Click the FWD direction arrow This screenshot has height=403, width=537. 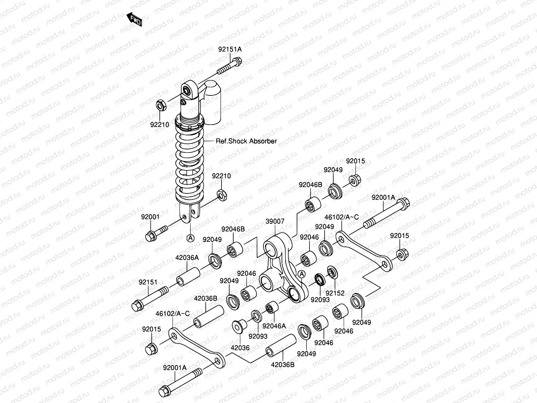[x=134, y=19]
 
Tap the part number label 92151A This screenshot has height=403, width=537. [x=230, y=49]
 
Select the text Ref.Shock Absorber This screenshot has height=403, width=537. [x=246, y=141]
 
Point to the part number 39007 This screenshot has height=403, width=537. [x=275, y=221]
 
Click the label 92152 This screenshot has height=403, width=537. [x=335, y=293]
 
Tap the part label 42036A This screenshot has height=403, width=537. [x=187, y=258]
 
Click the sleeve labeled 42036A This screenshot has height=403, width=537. [x=188, y=277]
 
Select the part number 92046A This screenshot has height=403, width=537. [x=274, y=326]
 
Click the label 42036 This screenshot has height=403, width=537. [x=240, y=348]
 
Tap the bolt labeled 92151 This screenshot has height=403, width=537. [x=150, y=299]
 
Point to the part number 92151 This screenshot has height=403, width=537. [x=148, y=282]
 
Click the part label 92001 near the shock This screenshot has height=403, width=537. [x=150, y=217]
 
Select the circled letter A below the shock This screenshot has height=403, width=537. [x=190, y=238]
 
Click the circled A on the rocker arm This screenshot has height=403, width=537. [x=302, y=274]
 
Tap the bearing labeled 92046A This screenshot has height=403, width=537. [x=272, y=307]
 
